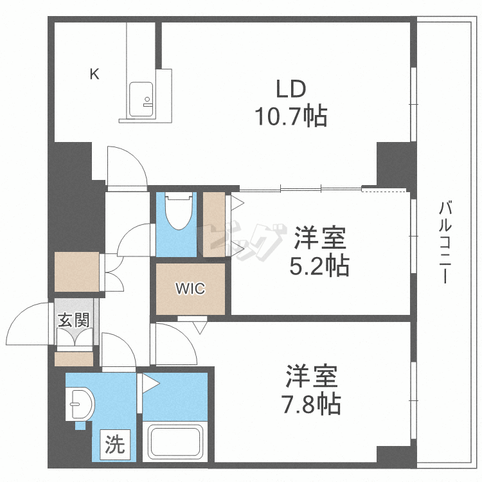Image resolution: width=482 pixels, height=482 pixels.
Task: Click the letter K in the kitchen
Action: [94, 75]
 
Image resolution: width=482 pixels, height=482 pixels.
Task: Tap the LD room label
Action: [290, 89]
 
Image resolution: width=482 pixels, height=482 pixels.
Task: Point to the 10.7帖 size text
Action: [290, 117]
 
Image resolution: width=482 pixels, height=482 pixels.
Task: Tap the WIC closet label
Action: [191, 289]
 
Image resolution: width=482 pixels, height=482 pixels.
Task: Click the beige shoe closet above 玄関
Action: [76, 271]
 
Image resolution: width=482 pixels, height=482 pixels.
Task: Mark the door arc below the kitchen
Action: [127, 166]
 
